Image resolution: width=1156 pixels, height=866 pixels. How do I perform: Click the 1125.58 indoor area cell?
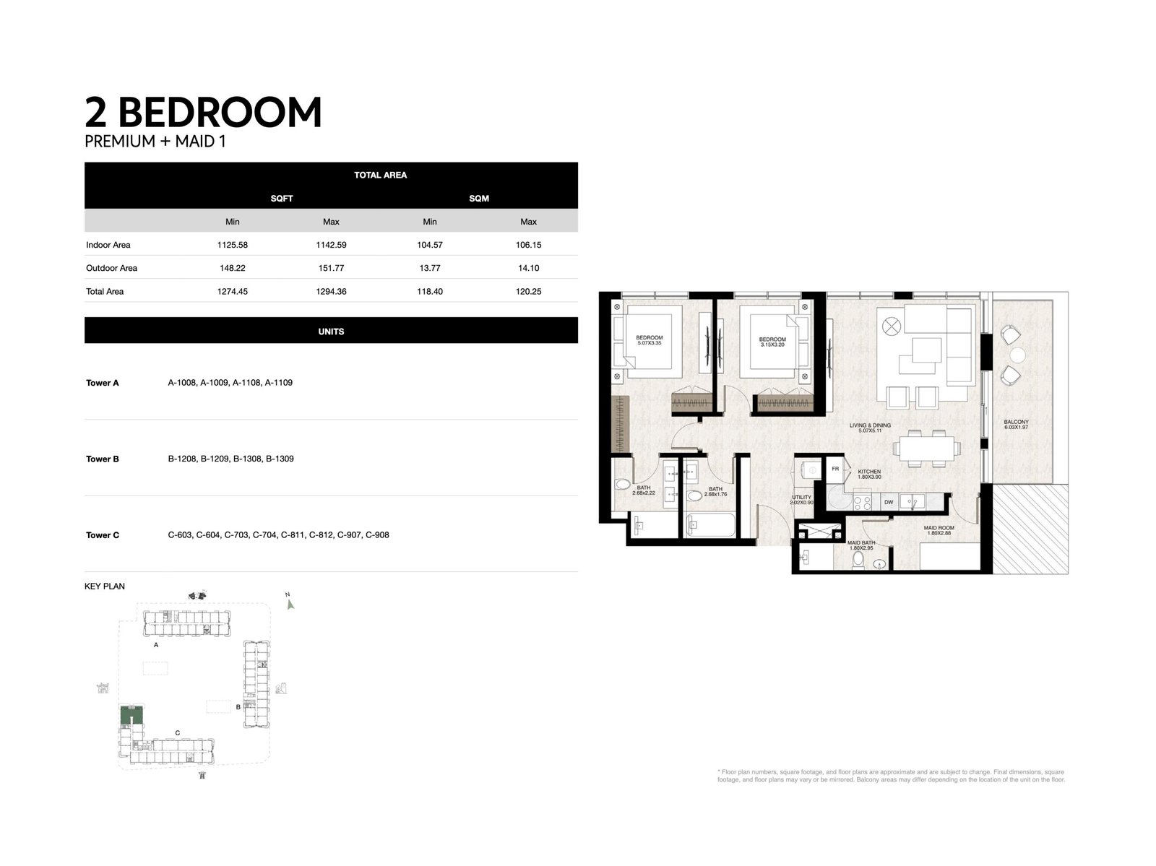click(232, 245)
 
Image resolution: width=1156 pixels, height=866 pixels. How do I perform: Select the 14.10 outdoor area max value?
click(528, 268)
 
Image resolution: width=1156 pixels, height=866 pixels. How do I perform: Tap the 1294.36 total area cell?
click(331, 292)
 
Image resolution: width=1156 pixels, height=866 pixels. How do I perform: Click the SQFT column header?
click(282, 198)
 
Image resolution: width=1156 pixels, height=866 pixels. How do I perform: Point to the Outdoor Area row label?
click(111, 268)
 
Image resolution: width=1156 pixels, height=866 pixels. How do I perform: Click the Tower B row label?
click(103, 459)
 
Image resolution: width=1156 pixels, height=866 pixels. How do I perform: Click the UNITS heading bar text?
click(331, 332)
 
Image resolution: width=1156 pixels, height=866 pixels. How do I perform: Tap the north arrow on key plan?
click(290, 603)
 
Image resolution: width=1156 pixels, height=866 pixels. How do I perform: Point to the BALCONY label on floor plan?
click(1016, 423)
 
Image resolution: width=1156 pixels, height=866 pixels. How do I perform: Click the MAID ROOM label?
click(939, 528)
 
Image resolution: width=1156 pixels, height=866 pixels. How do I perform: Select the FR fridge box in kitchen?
click(835, 469)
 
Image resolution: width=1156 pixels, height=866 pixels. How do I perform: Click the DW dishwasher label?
click(889, 502)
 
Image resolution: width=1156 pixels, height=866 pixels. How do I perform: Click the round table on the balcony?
click(1018, 355)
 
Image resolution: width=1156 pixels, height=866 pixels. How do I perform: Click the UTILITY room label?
click(801, 498)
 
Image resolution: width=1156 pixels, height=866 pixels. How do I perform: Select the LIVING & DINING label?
click(870, 426)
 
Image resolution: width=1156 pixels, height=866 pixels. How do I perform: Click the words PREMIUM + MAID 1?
click(155, 142)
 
